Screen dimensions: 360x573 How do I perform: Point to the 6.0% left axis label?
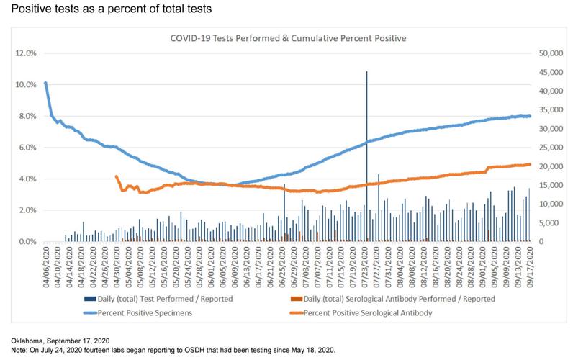coord(27,148)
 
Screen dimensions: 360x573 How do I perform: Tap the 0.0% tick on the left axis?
coord(27,242)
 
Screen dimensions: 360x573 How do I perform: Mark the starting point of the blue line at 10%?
coord(46,83)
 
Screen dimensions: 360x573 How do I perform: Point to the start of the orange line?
coord(117,176)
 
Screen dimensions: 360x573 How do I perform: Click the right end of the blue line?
coord(531,116)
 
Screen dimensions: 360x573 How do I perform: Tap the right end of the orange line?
coord(531,164)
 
